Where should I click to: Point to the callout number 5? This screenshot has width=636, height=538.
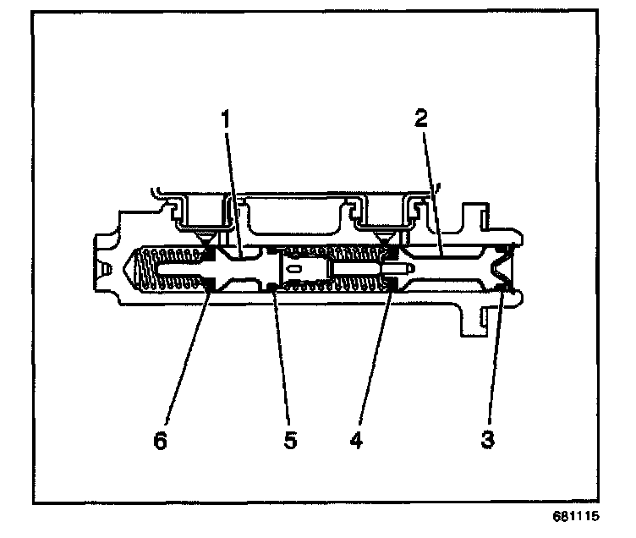click(x=290, y=440)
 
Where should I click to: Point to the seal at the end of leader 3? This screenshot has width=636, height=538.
click(x=503, y=290)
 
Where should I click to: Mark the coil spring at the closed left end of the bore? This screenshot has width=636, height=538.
click(x=166, y=271)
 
